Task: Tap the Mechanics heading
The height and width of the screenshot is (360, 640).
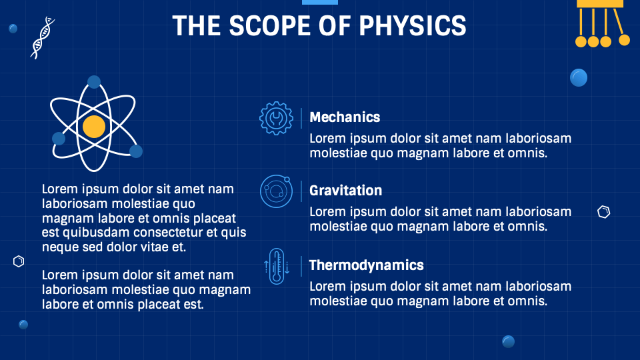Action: point(345,117)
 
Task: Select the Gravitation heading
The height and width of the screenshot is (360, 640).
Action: point(345,191)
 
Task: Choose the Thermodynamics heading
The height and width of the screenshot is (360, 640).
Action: point(366,265)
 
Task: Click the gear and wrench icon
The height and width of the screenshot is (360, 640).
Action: point(275,119)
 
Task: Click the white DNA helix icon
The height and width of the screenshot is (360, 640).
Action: point(43,37)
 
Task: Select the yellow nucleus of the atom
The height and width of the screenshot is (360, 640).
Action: point(94,126)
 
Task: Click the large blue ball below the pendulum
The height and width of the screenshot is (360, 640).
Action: point(579,78)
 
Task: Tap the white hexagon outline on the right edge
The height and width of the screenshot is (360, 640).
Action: point(603,213)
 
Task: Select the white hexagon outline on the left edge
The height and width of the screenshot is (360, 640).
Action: point(19,261)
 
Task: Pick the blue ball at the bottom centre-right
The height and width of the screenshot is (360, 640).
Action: point(508,341)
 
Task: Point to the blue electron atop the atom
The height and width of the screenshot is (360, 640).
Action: point(94,82)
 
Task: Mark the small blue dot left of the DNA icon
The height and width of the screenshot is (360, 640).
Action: point(13,29)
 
